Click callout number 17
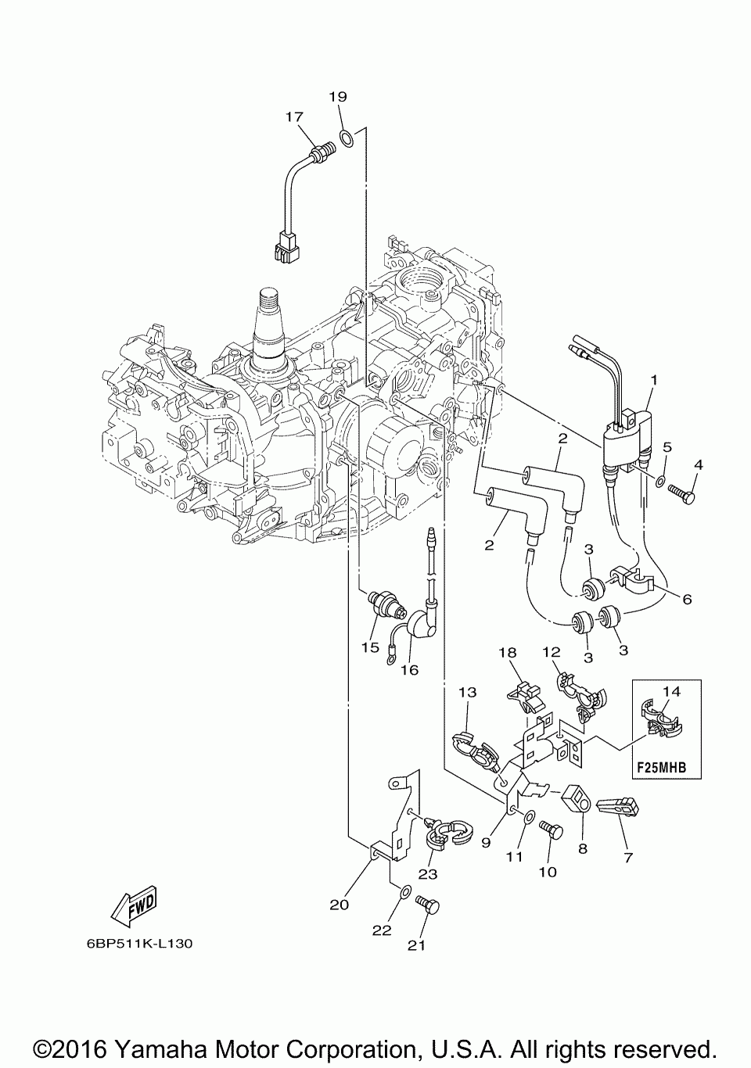[294, 116]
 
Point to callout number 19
[337, 97]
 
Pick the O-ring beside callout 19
[347, 138]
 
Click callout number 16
[409, 670]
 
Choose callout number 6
[687, 599]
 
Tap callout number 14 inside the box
[672, 691]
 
